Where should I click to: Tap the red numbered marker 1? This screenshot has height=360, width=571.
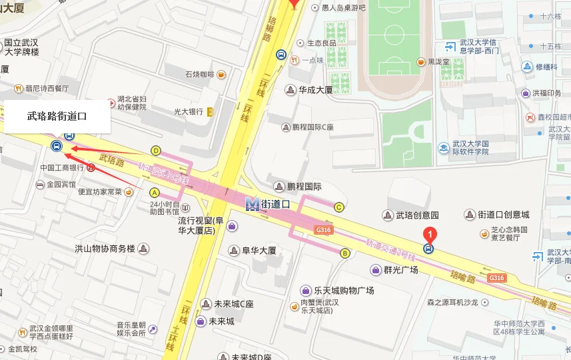click(x=430, y=234)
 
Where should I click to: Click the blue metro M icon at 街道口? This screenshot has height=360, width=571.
click(x=252, y=204)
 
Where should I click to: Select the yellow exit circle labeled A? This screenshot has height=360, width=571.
click(x=155, y=193)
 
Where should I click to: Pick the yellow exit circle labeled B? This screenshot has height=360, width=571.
click(x=345, y=253)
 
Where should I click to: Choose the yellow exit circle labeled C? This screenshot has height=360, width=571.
click(x=339, y=207)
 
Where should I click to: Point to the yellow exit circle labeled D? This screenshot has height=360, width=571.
click(x=156, y=151)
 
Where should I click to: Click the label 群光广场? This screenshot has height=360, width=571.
click(x=400, y=270)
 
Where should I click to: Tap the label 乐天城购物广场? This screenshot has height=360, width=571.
click(x=344, y=291)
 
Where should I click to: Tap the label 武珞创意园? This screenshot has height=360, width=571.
click(x=418, y=215)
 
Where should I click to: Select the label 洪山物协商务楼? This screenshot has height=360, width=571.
click(x=105, y=249)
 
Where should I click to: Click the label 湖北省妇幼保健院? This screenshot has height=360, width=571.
click(x=131, y=102)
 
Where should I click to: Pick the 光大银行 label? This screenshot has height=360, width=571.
click(x=188, y=111)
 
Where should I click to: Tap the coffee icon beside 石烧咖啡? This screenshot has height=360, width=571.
click(x=221, y=75)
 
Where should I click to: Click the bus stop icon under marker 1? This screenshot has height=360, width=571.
click(x=428, y=249)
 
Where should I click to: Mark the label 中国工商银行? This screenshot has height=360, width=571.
click(x=62, y=168)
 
